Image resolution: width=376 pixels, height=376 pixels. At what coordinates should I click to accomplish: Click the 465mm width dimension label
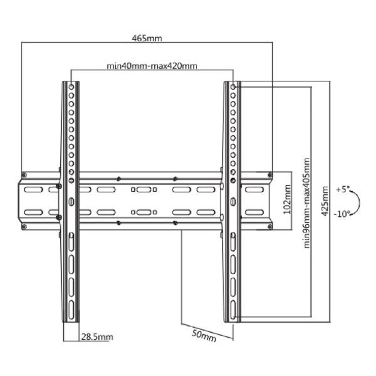(147, 38)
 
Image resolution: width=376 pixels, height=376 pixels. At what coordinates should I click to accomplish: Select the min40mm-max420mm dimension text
(152, 66)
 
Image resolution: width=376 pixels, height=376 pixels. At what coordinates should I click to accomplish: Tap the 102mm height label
(287, 199)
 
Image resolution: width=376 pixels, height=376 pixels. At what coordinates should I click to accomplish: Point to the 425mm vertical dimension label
(325, 201)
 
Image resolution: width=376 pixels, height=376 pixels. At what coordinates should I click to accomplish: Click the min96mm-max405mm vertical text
(306, 203)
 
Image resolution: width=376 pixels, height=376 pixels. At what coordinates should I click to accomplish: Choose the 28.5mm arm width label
(97, 337)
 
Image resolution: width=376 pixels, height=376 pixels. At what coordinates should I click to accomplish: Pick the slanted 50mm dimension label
(204, 335)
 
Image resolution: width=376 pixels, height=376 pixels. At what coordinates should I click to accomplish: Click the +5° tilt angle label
(342, 189)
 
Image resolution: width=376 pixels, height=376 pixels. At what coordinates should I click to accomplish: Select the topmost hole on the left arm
(71, 87)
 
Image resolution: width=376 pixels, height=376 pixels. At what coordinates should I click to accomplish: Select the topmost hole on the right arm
(233, 87)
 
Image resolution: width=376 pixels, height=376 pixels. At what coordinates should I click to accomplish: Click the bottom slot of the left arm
(71, 310)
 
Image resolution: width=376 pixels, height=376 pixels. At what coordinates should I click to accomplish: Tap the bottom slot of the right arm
(233, 310)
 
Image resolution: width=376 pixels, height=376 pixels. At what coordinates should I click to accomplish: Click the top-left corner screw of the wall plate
(24, 175)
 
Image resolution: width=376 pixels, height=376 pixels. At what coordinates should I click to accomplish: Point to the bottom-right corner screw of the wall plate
(270, 226)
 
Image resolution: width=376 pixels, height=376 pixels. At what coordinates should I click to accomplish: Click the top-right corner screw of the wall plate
(270, 175)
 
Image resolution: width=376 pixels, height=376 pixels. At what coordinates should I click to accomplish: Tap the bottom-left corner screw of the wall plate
(24, 226)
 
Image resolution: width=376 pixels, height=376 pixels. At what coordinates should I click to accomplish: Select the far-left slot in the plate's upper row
(33, 189)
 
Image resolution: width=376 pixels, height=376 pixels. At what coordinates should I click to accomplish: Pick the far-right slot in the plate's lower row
(254, 212)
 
